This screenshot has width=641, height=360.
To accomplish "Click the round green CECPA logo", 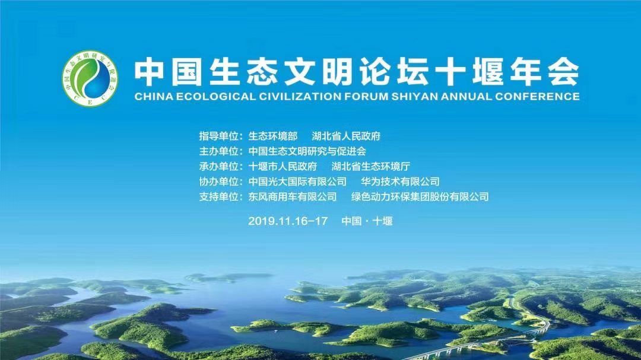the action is pos(90,78).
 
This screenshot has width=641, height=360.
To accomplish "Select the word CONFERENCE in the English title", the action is pos(537,97).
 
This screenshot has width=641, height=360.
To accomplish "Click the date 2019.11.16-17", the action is pos(288,221).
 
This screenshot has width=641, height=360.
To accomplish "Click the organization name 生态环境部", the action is pos(272,136).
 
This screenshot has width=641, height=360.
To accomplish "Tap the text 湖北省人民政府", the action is pos(346,136).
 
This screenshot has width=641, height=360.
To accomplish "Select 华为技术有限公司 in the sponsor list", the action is pos(400,181).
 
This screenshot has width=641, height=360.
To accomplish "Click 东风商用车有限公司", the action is pos(292,196).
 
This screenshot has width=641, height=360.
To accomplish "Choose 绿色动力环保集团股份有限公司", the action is pos(420,196).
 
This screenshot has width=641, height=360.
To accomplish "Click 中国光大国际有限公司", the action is pos(297,181).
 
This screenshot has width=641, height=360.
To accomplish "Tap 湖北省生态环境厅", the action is pos(371,166).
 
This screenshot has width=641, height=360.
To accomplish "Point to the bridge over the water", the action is pos(483,340).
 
